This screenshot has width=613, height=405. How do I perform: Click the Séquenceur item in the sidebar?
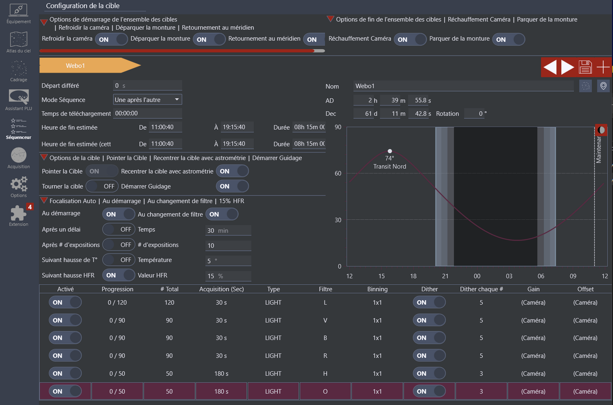(18, 129)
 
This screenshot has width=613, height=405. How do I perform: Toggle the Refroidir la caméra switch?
(112, 40)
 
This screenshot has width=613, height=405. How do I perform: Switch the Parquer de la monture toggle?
(508, 40)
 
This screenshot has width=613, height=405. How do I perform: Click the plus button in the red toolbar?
(603, 67)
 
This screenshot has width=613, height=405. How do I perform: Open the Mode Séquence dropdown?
(147, 100)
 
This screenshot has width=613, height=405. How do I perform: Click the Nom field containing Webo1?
(463, 86)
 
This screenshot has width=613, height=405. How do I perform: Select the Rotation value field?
(476, 113)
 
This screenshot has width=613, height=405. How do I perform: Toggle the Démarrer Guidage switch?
(232, 186)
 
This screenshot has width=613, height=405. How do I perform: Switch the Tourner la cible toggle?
(102, 186)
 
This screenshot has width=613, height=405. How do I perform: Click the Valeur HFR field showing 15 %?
(228, 276)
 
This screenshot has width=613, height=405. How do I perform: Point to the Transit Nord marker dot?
(390, 151)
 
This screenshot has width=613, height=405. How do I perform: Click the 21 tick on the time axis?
(445, 276)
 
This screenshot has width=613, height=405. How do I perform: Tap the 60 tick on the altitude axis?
(338, 174)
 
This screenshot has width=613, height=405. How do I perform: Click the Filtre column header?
(325, 289)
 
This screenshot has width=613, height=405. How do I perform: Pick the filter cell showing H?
(325, 374)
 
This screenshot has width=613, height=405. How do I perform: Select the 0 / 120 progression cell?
(117, 303)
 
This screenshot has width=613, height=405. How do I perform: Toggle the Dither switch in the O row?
(429, 391)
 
